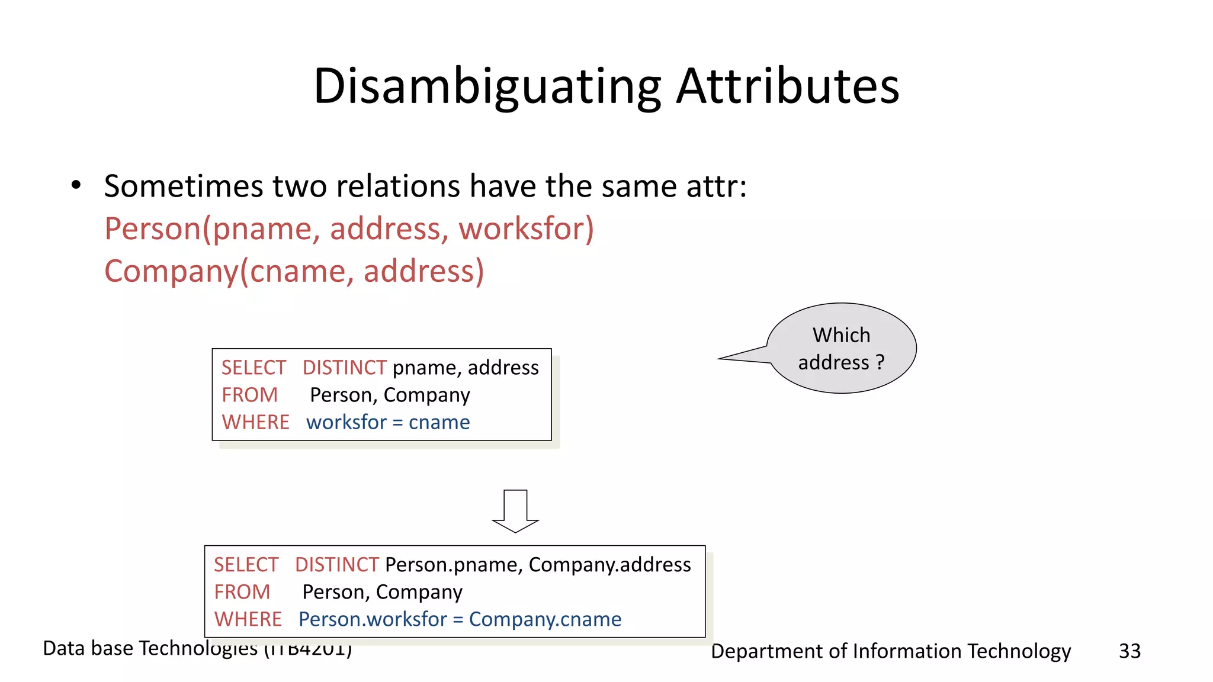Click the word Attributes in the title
(x=787, y=86)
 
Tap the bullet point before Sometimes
(x=76, y=185)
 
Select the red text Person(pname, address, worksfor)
(x=349, y=229)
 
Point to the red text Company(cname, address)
(x=294, y=271)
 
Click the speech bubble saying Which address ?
(x=841, y=348)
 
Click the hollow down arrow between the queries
(x=515, y=511)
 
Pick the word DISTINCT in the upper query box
(x=344, y=368)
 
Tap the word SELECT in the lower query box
(x=246, y=565)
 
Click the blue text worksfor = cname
(x=388, y=422)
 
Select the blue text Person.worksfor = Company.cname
(x=460, y=619)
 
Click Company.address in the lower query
(x=609, y=565)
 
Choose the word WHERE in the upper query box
(x=255, y=422)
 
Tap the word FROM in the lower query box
(x=242, y=592)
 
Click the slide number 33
(x=1129, y=651)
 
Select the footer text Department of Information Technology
(x=890, y=651)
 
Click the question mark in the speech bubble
(x=880, y=362)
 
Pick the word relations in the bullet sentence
(x=405, y=186)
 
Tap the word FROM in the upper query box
(x=249, y=395)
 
